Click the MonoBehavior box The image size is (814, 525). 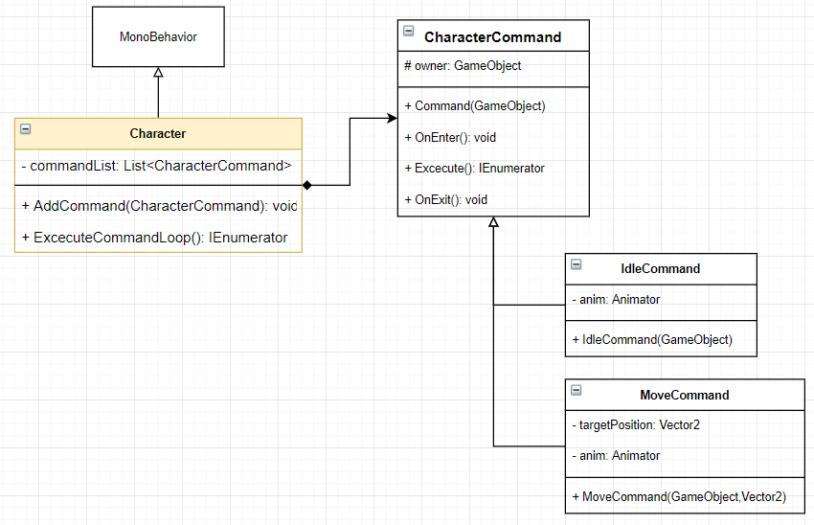click(158, 37)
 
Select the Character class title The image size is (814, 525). click(158, 134)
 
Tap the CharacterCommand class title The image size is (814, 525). click(493, 37)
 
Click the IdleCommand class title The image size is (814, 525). click(661, 268)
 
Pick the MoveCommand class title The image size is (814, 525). click(684, 395)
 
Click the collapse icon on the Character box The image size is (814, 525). click(26, 128)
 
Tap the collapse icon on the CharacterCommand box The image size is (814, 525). click(409, 32)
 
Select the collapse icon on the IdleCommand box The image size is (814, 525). click(577, 263)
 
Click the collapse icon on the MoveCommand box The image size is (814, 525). click(577, 390)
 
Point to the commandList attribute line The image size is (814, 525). click(156, 166)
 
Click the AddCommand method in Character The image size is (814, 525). click(159, 206)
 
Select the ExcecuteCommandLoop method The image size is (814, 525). click(154, 238)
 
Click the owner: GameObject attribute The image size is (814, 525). click(463, 66)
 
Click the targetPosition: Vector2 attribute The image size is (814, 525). click(635, 424)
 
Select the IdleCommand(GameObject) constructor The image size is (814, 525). click(651, 339)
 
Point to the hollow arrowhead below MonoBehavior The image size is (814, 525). click(158, 73)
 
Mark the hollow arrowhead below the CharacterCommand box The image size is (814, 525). click(493, 222)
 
